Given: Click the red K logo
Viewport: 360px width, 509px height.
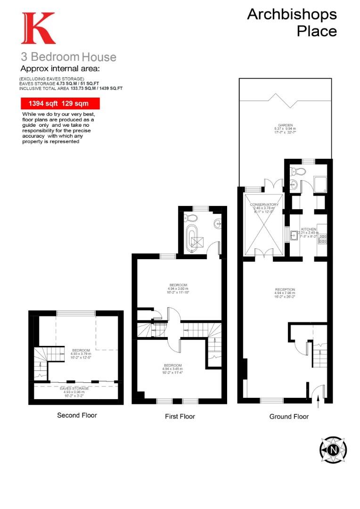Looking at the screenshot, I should pyautogui.click(x=38, y=28).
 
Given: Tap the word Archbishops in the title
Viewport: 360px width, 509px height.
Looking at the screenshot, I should pyautogui.click(x=292, y=14).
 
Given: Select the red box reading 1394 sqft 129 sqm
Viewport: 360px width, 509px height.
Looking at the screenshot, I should pyautogui.click(x=60, y=103).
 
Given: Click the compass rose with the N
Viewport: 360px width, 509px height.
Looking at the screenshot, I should pyautogui.click(x=334, y=449).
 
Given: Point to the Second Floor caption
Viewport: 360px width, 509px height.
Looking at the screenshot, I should pyautogui.click(x=77, y=415).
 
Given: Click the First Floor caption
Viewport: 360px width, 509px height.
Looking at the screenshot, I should pyautogui.click(x=180, y=416).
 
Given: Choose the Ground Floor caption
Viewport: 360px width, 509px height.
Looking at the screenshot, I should pyautogui.click(x=289, y=416).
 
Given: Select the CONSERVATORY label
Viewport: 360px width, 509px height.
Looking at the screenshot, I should pyautogui.click(x=264, y=205).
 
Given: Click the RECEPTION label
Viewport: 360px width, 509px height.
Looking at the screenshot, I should pyautogui.click(x=285, y=289).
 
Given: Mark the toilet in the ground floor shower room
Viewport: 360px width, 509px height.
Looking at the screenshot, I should pyautogui.click(x=295, y=170).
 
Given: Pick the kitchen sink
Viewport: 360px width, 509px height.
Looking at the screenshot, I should pyautogui.click(x=294, y=234).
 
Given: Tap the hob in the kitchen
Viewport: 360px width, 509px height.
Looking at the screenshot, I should pyautogui.click(x=323, y=239).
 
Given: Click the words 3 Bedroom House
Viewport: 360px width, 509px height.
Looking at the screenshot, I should pyautogui.click(x=68, y=57).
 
